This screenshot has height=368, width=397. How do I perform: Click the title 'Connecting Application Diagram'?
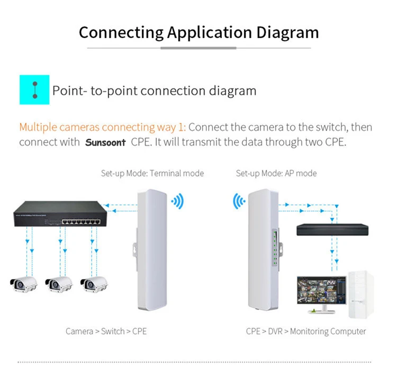click(198, 32)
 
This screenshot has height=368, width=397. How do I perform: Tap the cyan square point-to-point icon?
click(34, 89)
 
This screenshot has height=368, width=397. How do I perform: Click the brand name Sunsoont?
click(105, 142)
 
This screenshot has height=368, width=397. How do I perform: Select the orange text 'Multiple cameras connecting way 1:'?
click(102, 128)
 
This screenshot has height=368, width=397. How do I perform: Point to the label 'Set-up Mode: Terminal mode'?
click(152, 173)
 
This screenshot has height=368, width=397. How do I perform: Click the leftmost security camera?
click(23, 284)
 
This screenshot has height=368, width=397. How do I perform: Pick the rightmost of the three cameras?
click(94, 284)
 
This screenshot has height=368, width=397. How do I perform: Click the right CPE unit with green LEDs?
click(263, 252)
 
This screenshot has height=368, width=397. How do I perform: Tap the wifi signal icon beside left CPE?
click(177, 201)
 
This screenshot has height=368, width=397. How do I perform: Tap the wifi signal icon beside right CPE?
click(240, 201)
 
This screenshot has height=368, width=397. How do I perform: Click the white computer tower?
click(359, 294)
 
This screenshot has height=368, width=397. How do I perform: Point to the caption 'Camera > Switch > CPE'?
click(106, 331)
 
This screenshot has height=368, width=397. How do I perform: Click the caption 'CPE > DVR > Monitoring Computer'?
click(306, 331)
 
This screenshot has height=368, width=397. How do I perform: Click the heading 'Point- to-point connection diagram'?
click(154, 90)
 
